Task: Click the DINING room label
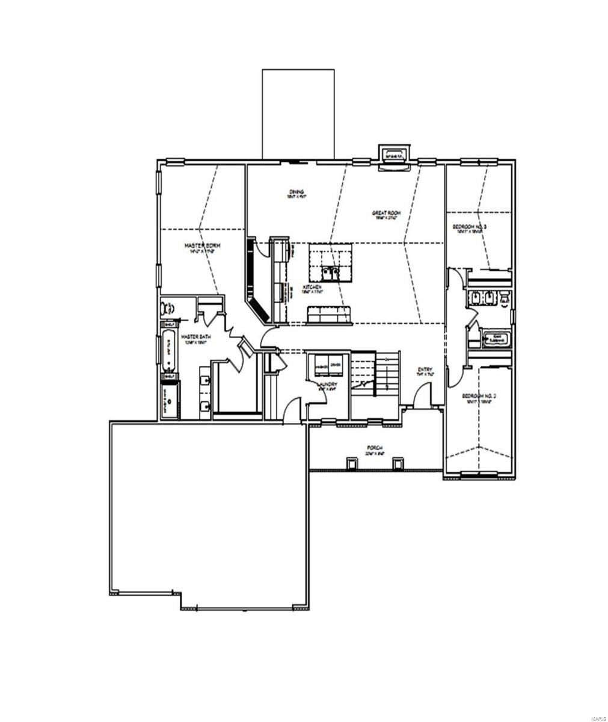(x=296, y=193)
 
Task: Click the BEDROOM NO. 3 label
(x=469, y=227)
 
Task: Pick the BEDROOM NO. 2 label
(x=478, y=396)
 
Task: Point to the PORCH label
(x=375, y=448)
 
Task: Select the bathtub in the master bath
(x=168, y=349)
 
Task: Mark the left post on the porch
(x=350, y=463)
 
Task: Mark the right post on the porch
(x=398, y=463)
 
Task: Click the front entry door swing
(x=422, y=398)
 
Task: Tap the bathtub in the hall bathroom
(x=494, y=339)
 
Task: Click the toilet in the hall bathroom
(x=504, y=298)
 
